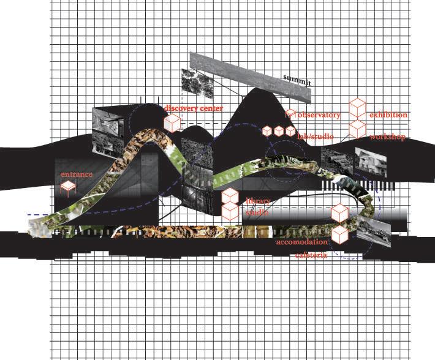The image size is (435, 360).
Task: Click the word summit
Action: point(297,80)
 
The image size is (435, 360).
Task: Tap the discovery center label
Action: point(193,108)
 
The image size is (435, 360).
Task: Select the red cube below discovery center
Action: point(173,123)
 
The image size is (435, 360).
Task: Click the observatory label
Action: point(319,115)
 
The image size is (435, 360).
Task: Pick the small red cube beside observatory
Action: point(291,114)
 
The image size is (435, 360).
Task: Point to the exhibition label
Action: point(388,115)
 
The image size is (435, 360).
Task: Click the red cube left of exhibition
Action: point(358,108)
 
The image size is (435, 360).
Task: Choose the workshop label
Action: point(387,137)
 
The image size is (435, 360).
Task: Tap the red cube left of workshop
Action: point(358,129)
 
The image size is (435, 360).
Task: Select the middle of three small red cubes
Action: point(279,131)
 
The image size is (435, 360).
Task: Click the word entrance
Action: point(77,174)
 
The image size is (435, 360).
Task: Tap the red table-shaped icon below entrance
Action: point(67,187)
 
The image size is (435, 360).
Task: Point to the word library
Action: point(258,201)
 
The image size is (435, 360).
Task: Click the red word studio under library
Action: point(257,212)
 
